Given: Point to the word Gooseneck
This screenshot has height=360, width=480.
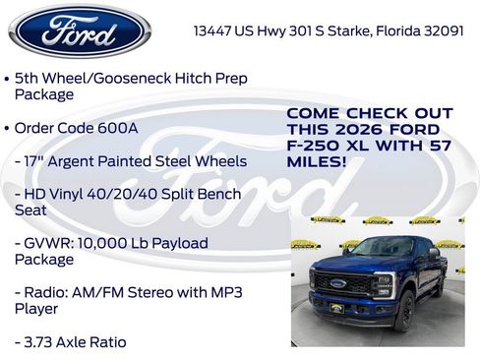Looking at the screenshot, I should pyautogui.click(x=126, y=77).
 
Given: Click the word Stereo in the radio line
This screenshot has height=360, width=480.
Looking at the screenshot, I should pyautogui.click(x=161, y=292).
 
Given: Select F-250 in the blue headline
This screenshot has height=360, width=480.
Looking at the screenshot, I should pyautogui.click(x=314, y=146).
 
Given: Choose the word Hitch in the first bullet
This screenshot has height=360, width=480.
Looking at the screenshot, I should pyautogui.click(x=186, y=77).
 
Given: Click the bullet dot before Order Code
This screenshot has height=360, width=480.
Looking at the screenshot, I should pyautogui.click(x=8, y=128).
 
